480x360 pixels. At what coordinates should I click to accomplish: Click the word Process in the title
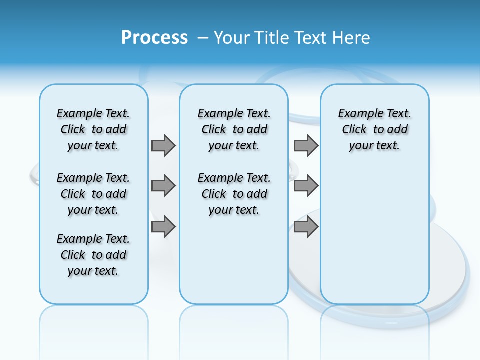[x=154, y=37]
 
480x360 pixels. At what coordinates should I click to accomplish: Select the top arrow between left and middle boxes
[x=163, y=145]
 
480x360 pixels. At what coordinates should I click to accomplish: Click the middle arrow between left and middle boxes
[x=163, y=186]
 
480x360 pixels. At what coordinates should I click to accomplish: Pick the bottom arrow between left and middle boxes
[x=163, y=227]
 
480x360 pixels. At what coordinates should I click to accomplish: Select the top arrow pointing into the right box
[x=306, y=145]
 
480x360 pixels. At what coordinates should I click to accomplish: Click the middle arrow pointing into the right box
[x=306, y=186]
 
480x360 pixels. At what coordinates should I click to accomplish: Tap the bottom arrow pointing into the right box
[x=306, y=227]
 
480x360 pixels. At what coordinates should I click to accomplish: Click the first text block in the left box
[x=93, y=129]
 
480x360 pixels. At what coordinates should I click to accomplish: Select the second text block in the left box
[x=93, y=194]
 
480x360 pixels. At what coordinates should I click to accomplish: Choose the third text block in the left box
[x=93, y=255]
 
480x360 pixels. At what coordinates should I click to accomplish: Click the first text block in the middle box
[x=234, y=129]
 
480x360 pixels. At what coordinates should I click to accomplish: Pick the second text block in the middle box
[x=234, y=194]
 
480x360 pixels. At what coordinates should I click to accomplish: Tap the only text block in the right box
[x=374, y=129]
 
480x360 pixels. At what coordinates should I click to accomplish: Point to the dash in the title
[x=203, y=38]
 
